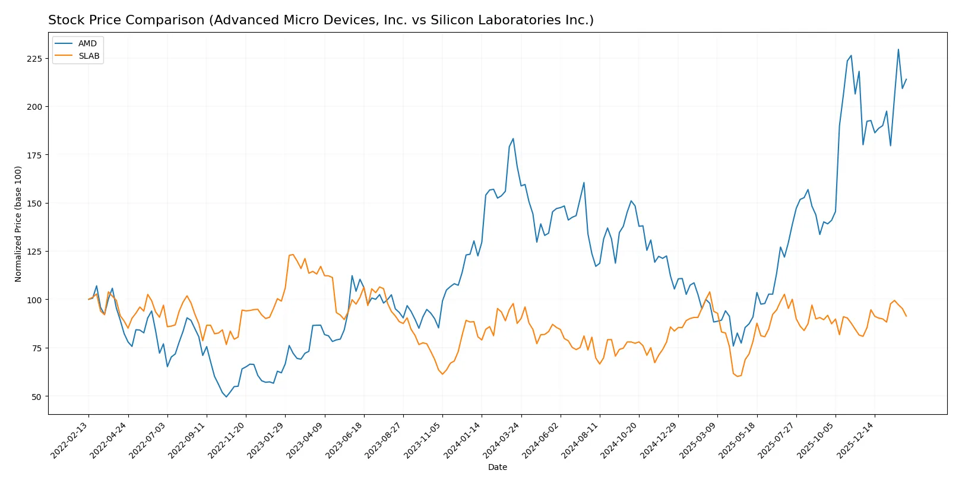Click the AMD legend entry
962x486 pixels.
[x=87, y=43]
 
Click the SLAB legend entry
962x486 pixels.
[x=88, y=56]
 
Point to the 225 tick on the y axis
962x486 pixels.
[x=34, y=59]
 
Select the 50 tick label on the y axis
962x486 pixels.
[x=37, y=396]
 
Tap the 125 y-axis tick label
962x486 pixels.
[x=34, y=252]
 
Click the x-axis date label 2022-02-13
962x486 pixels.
[x=70, y=440]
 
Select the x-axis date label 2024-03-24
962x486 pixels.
[x=502, y=440]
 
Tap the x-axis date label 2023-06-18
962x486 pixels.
[x=345, y=440]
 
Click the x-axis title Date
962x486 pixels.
[x=497, y=467]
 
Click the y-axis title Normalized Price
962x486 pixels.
[x=18, y=224]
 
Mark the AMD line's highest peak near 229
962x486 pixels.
[x=898, y=50]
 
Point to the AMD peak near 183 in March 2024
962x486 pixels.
[x=513, y=139]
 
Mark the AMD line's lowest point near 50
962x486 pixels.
[x=226, y=396]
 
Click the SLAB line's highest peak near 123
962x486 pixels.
[x=293, y=255]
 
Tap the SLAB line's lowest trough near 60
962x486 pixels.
[x=737, y=376]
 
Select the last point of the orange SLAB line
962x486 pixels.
[x=906, y=316]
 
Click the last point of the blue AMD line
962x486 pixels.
[x=906, y=79]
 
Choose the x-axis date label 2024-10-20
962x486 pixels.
[x=620, y=440]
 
